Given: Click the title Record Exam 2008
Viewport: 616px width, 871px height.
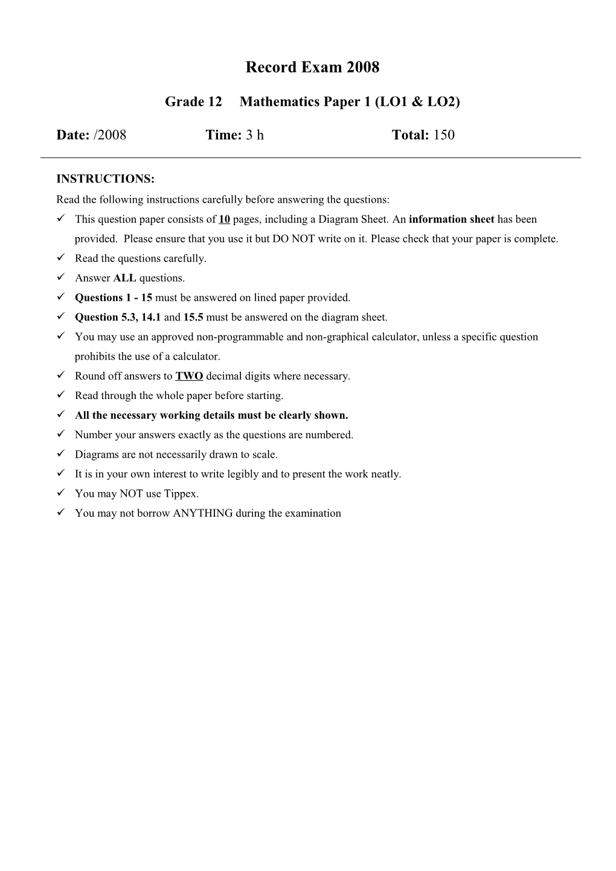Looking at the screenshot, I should click(312, 68).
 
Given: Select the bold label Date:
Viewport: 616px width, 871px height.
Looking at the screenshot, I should click(73, 135).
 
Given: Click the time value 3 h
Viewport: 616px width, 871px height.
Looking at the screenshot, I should click(254, 135).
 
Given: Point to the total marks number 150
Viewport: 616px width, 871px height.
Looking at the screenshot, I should click(444, 135).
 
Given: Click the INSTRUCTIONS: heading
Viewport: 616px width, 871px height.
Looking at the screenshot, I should click(106, 179).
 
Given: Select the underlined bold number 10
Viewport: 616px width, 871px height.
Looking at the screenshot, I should click(224, 220).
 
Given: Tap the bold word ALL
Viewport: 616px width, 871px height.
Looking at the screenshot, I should click(124, 278).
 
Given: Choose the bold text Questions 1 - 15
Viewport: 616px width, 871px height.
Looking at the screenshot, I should click(114, 298).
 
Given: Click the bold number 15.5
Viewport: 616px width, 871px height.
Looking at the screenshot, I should click(193, 317).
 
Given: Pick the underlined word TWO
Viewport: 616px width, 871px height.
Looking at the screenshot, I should click(189, 376).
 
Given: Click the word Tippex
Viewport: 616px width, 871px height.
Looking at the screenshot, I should click(181, 494).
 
